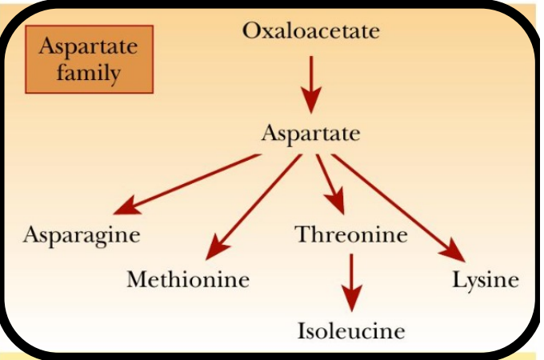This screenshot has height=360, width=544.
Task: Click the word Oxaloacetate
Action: point(310,32)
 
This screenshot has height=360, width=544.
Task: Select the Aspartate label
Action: point(310,133)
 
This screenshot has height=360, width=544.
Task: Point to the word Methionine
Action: point(188,281)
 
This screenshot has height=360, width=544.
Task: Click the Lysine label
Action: point(485,281)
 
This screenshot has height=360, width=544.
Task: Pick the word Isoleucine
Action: point(351,330)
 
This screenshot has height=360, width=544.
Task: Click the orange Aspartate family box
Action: point(89,61)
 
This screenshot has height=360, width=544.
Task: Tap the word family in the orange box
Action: point(89,74)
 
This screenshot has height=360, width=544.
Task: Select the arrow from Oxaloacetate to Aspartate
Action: point(310,83)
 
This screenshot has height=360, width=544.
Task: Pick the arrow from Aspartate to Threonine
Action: point(330,183)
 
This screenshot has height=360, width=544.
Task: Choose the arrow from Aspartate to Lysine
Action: point(398,207)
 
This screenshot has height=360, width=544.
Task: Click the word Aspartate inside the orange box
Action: point(89,47)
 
